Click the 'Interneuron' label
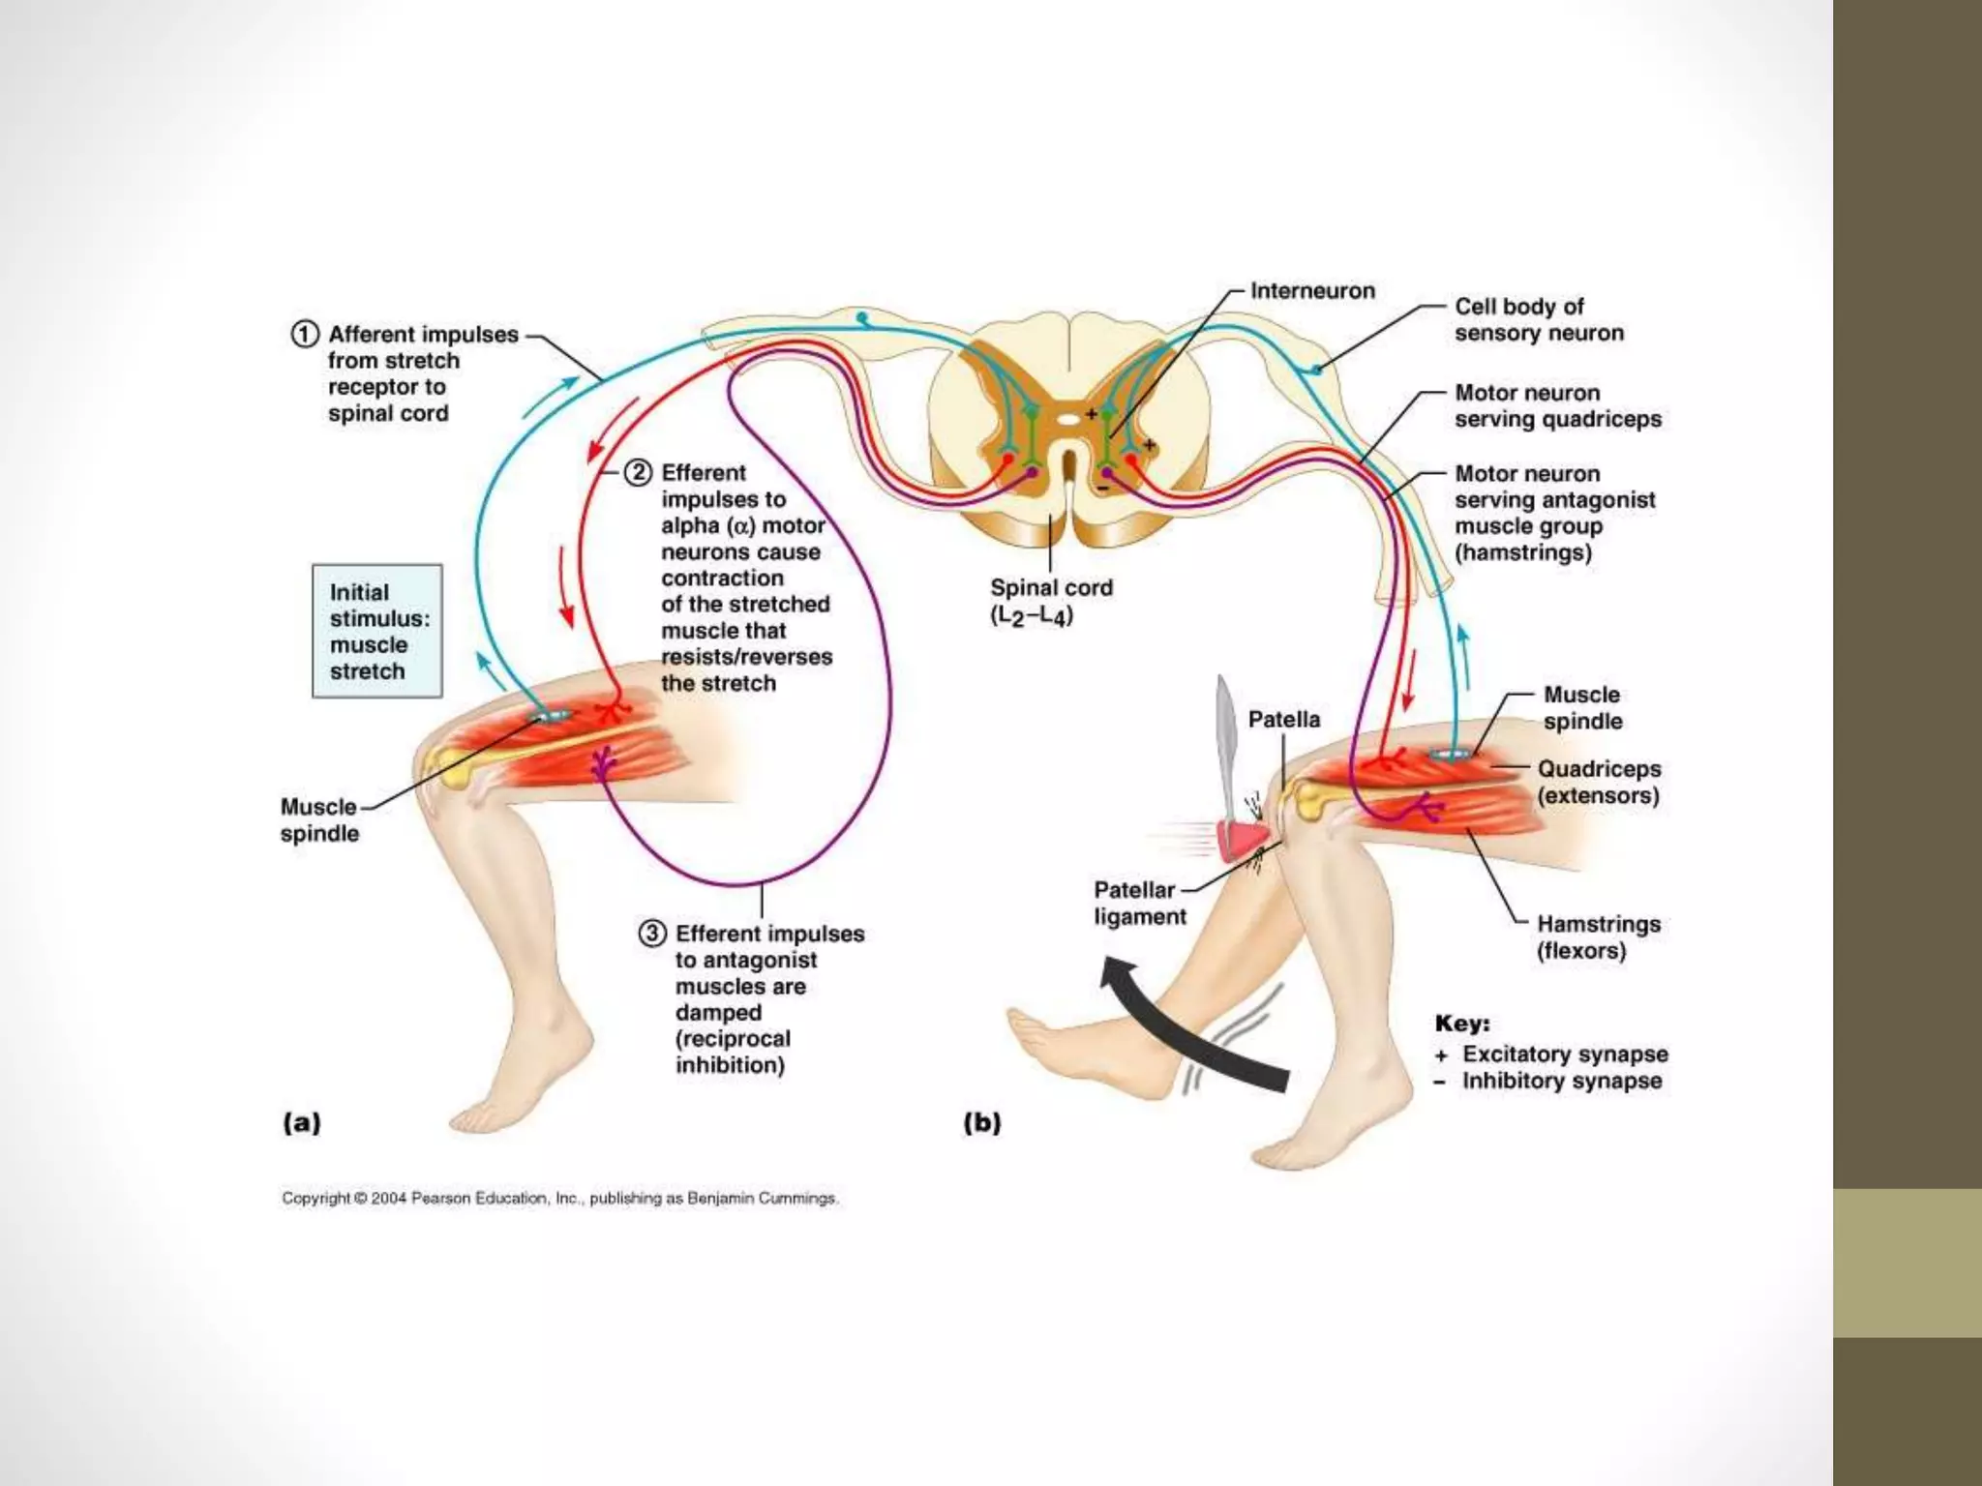pos(1311,291)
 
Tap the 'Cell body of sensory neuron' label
pos(1538,320)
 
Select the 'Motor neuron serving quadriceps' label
pos(1557,406)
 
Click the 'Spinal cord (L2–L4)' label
pos(1050,602)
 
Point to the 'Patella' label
pos(1283,720)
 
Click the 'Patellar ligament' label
pos(1139,904)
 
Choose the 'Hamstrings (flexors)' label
pos(1598,937)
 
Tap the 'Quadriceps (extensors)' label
pos(1599,783)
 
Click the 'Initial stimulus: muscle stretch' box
pos(377,632)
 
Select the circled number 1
pos(304,335)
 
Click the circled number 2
pos(638,473)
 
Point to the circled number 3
pos(652,934)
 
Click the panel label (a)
pos(301,1123)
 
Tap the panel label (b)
pos(981,1123)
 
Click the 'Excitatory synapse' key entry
pos(1564,1055)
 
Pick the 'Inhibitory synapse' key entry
pos(1561,1082)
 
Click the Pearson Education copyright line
pos(559,1199)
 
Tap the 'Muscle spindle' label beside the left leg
pos(319,820)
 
